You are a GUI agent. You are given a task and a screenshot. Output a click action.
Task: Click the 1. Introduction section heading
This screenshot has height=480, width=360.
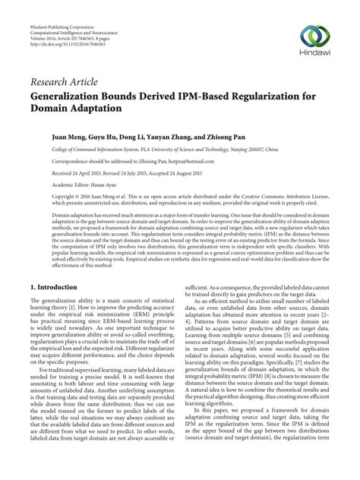pos(54,267)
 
